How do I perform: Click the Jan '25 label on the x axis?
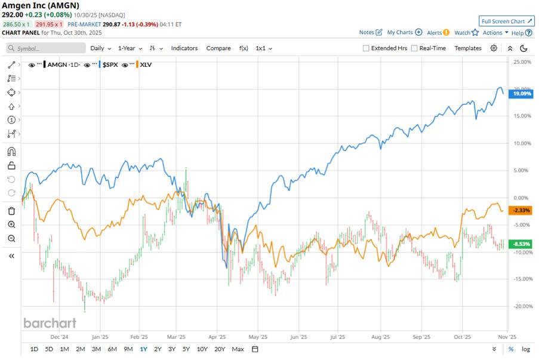click(100, 336)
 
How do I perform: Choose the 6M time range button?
click(112, 349)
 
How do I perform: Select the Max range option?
click(238, 349)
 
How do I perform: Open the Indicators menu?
click(184, 48)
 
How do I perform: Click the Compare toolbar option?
click(218, 48)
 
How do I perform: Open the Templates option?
click(467, 48)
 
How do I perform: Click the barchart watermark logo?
click(50, 323)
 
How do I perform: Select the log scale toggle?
click(525, 349)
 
